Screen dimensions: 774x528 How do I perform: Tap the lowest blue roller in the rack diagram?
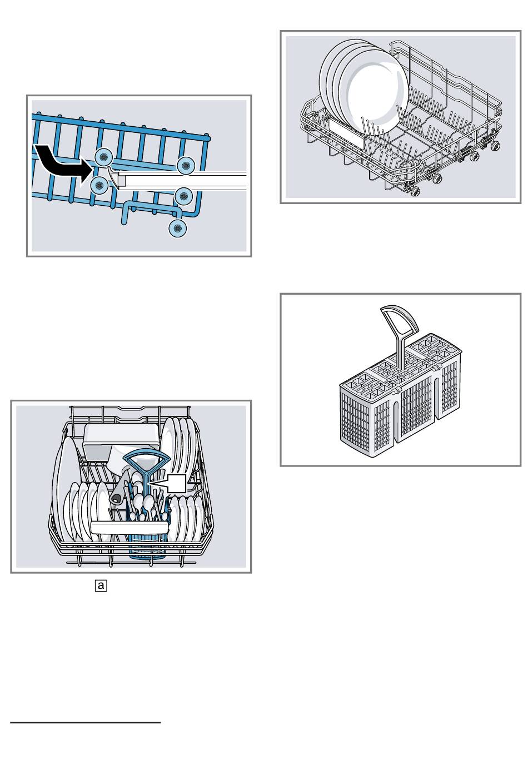point(177,227)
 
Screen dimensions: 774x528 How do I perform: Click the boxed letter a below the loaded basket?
point(100,585)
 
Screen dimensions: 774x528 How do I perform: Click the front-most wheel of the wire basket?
point(415,192)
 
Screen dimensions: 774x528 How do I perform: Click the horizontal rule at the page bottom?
point(86,723)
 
